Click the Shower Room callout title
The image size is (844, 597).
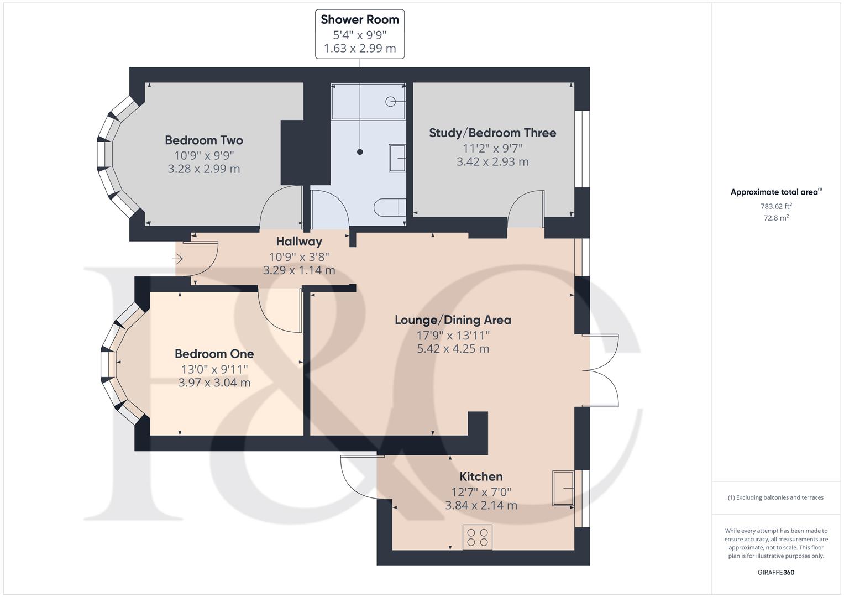(360, 19)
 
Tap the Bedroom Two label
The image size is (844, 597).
(204, 140)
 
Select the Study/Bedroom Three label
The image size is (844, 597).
(492, 133)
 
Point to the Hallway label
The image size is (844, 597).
(299, 242)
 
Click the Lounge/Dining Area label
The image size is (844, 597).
(453, 320)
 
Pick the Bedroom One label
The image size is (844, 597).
(214, 354)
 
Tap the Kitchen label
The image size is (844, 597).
(481, 476)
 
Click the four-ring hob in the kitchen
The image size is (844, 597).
(478, 537)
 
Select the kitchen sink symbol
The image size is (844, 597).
(563, 488)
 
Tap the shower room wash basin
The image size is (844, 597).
(397, 158)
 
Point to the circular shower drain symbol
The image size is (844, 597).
(390, 102)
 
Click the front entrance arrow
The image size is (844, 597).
(178, 259)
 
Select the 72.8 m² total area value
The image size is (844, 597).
(776, 218)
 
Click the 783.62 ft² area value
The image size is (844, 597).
(776, 206)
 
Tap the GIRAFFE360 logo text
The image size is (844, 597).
(776, 573)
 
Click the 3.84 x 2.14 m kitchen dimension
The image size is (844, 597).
(481, 505)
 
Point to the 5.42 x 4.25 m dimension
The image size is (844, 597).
(453, 349)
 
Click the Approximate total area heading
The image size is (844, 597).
(776, 192)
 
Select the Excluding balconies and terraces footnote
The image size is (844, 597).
(776, 498)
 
